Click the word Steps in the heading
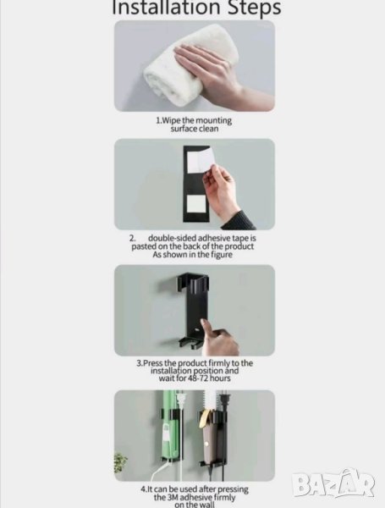point(254,8)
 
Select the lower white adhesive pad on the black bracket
point(196,202)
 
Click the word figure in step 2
point(222,255)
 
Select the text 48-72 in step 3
point(197,378)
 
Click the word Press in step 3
point(153,363)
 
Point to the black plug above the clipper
point(223,400)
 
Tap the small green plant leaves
point(119,462)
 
